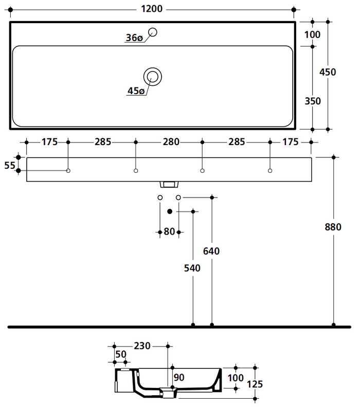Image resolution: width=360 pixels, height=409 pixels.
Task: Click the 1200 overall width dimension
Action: coord(152,9)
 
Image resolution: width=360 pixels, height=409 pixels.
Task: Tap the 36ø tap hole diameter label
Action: coord(133,38)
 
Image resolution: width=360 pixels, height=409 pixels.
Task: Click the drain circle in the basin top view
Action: coord(153,77)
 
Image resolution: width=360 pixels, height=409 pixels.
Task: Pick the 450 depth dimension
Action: coord(328,72)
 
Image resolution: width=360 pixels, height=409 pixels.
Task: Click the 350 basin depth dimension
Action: coord(312,101)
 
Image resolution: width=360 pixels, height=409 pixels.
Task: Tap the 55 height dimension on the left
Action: coord(9,165)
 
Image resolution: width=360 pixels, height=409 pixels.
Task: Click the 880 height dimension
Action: coord(334,226)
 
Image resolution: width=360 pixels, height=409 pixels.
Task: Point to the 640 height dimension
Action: coord(211,251)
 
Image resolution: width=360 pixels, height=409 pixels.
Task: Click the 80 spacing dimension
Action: coord(169,232)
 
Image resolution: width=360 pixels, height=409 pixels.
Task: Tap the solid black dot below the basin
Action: coord(169,211)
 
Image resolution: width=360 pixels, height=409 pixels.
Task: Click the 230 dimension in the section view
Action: coord(141,346)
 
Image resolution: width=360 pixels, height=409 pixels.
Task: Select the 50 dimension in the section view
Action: coord(121,354)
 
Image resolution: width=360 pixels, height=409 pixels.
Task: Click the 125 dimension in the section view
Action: coord(255,383)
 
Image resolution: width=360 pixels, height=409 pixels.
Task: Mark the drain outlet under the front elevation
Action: coord(169,184)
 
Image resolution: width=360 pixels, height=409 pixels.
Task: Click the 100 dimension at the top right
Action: coord(312,34)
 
